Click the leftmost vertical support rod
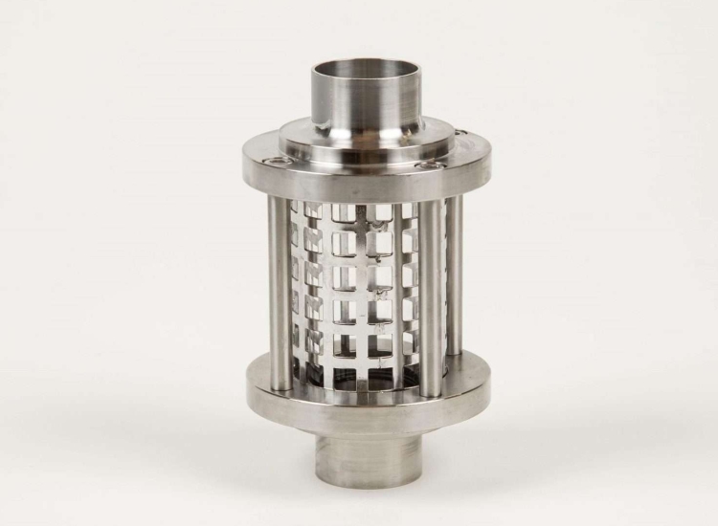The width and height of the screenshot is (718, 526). [x=280, y=287]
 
